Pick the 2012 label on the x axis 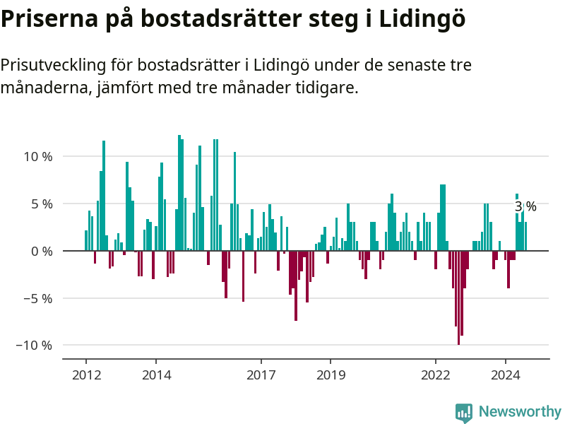(x=86, y=375)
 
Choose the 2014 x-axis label (x=156, y=375)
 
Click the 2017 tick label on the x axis (x=261, y=375)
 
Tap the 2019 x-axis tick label (x=331, y=375)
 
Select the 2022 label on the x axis (x=436, y=375)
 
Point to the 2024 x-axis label (x=506, y=375)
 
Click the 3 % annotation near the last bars (x=525, y=206)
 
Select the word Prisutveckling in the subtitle (x=52, y=66)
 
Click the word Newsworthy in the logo (x=520, y=411)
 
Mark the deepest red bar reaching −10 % (x=458, y=297)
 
